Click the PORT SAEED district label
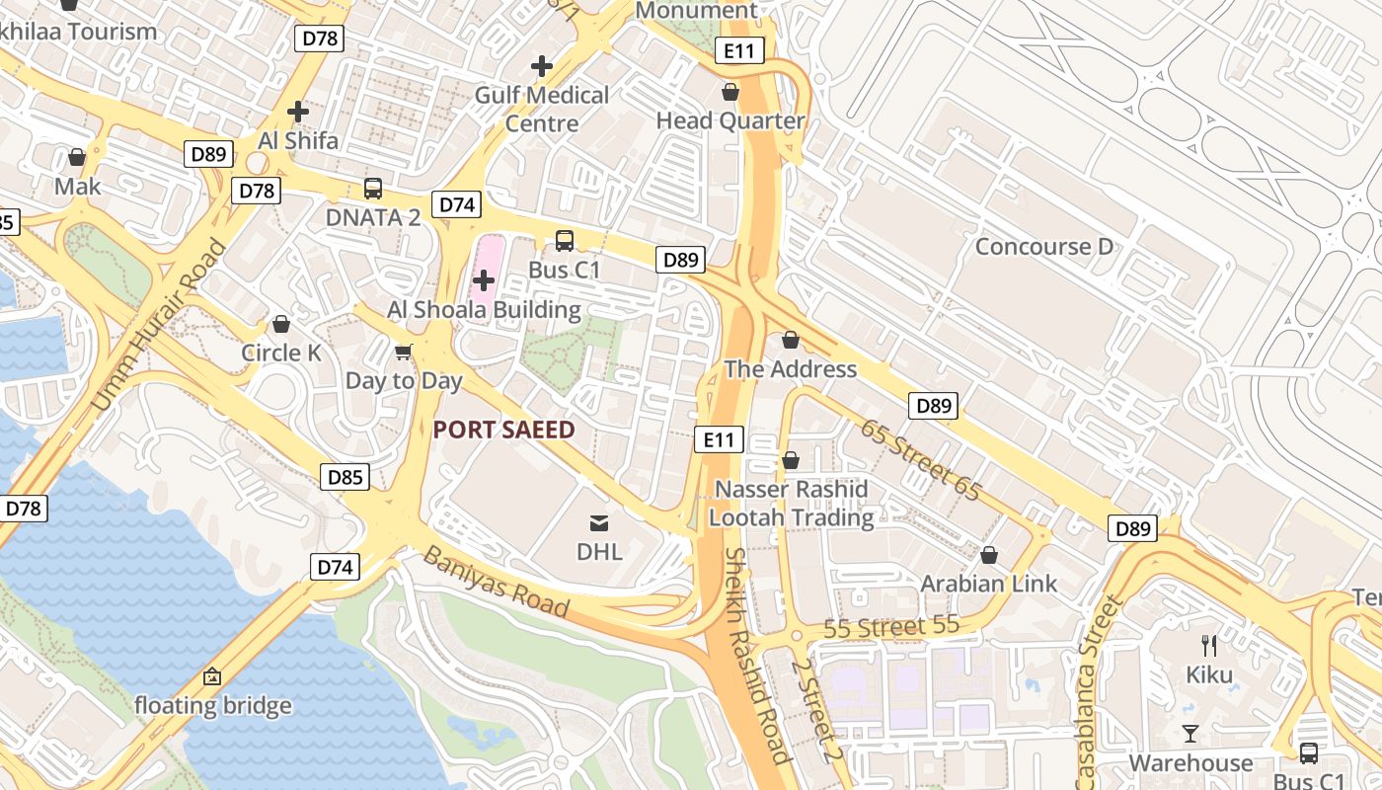point(503,430)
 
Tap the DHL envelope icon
point(599,522)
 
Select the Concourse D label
point(1043,246)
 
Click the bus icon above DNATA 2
point(373,188)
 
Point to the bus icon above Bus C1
point(565,240)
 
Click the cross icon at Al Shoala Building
point(484,280)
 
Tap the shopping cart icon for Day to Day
point(404,352)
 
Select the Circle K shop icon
point(281,324)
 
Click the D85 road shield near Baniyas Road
point(345,478)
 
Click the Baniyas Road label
point(497,582)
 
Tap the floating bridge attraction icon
point(212,676)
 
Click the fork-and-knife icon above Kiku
point(1209,646)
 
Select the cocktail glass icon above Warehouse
point(1190,733)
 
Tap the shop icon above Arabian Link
point(989,555)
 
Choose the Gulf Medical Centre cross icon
point(541,66)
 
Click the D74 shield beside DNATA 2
point(457,205)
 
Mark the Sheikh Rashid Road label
point(756,656)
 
